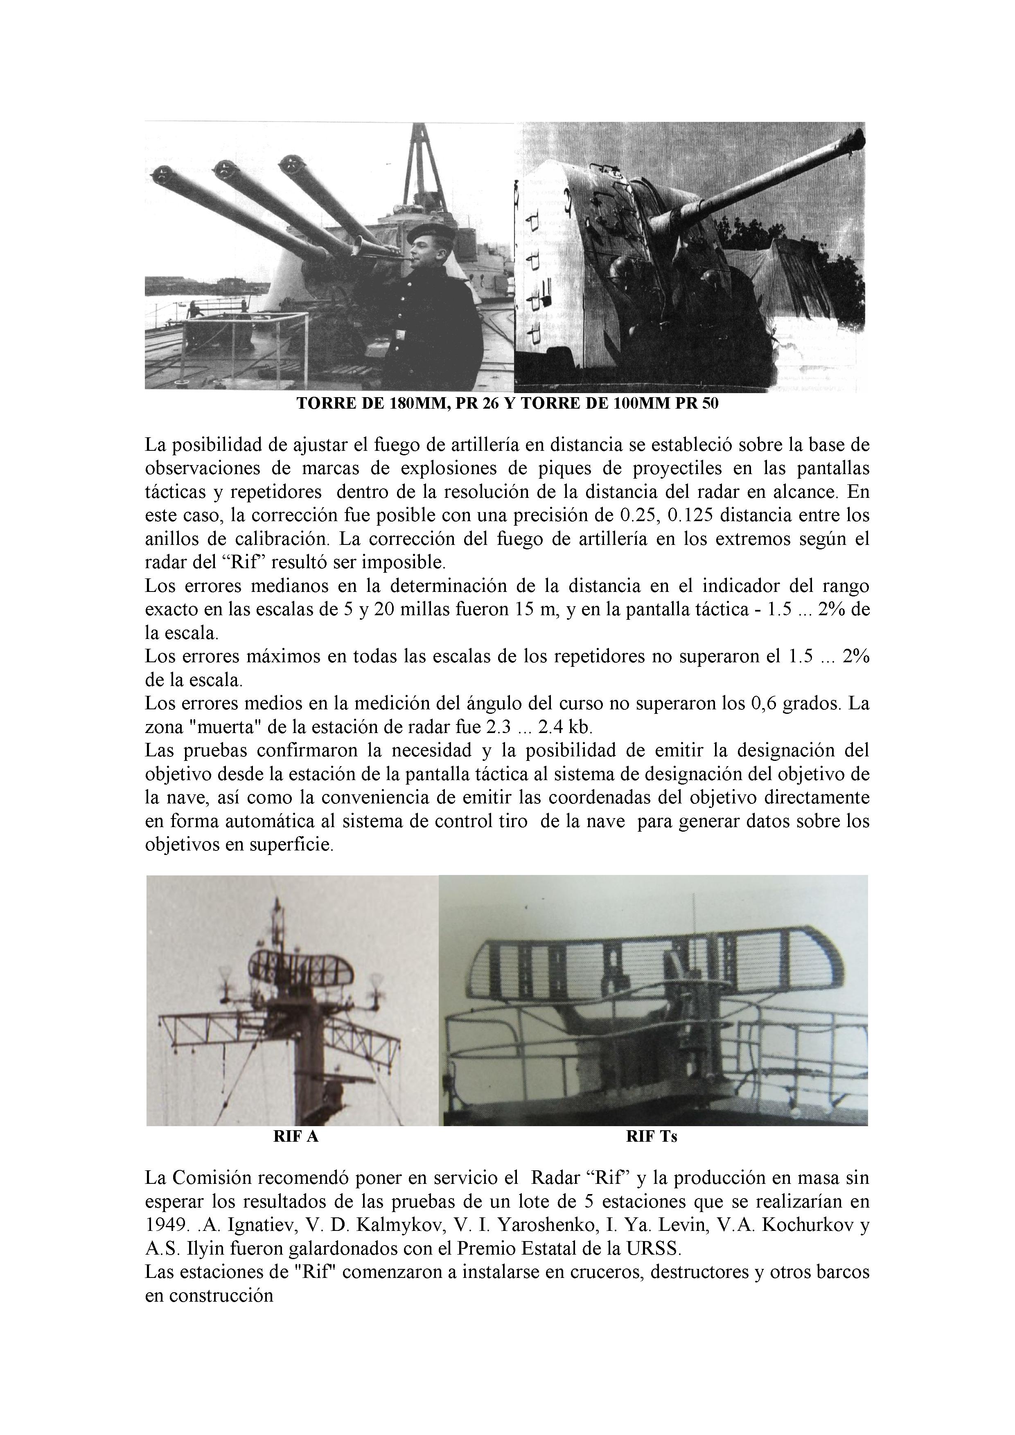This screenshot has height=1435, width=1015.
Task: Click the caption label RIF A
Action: point(296,1137)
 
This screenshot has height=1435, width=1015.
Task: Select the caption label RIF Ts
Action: point(652,1137)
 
